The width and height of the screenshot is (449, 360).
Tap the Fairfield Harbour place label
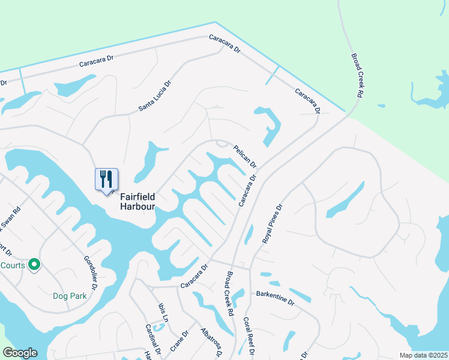[137, 201]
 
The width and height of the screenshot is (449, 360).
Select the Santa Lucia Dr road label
[155, 96]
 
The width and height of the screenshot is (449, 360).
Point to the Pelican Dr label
[245, 156]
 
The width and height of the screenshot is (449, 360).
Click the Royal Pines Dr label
[272, 223]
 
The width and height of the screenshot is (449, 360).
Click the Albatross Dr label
[212, 343]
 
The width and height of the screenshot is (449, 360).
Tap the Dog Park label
[70, 296]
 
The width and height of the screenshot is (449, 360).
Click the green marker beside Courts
[34, 264]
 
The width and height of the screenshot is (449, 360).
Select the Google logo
[20, 353]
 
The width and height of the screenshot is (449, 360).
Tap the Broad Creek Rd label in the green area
[358, 75]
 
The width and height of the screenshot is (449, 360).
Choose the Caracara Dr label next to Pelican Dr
[248, 191]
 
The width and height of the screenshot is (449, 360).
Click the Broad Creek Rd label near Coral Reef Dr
[229, 295]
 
